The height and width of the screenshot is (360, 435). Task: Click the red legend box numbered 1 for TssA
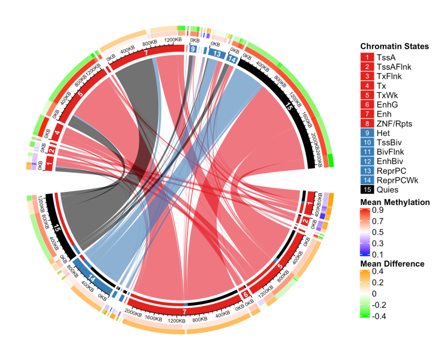[x=366, y=57]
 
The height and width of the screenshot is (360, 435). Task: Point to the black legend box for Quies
[x=366, y=190]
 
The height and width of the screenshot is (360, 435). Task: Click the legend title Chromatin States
[x=394, y=46]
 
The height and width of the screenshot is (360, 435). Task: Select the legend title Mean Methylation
[x=395, y=202]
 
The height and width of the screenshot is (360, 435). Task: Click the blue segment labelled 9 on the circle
[x=193, y=50]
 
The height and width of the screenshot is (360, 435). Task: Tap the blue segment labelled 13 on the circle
[x=217, y=53]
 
